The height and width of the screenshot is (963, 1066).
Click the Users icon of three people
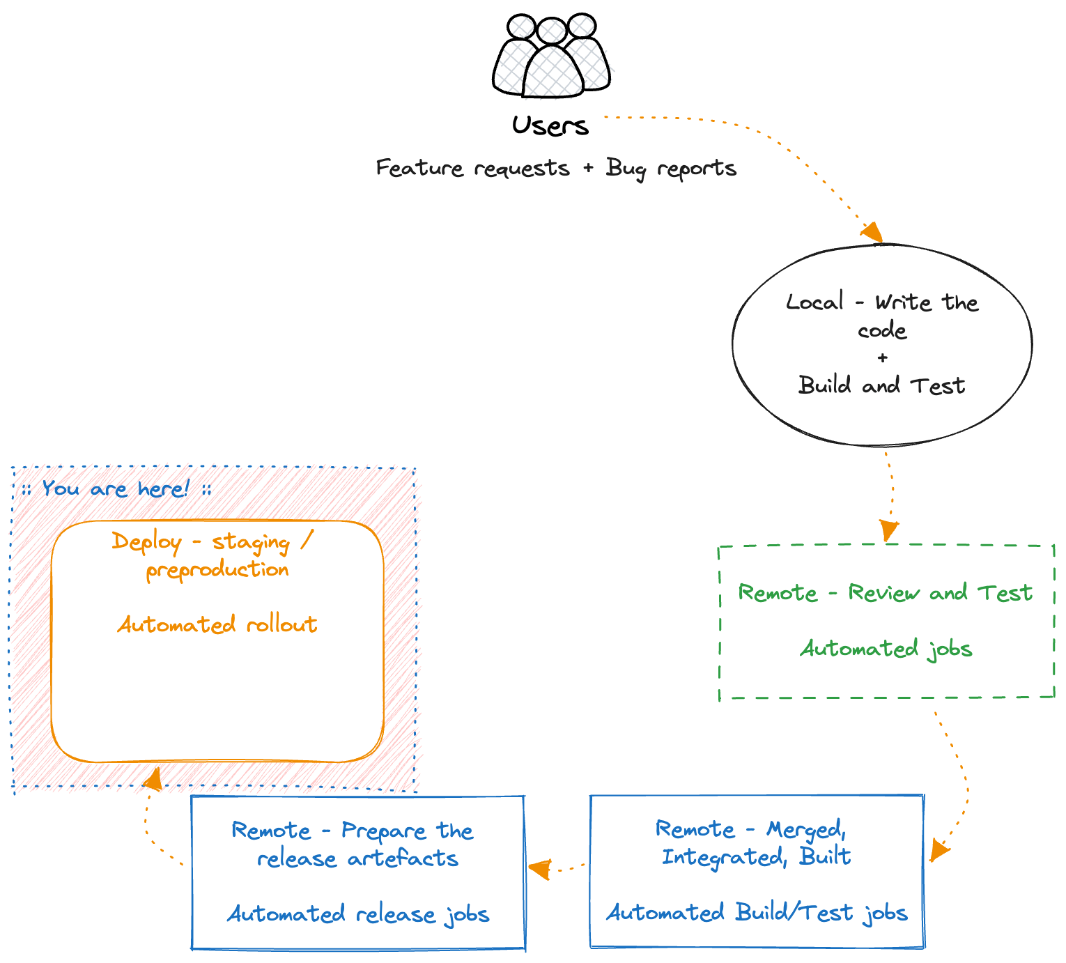coord(551,56)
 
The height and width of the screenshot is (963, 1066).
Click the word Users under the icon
coord(550,126)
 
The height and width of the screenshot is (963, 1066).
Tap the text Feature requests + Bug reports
coord(556,169)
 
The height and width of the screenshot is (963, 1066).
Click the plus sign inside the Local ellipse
coord(883,358)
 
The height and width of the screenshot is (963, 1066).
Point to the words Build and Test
coord(881,385)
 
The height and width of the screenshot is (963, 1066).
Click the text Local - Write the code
coord(882,316)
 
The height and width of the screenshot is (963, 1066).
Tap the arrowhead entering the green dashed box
coord(888,531)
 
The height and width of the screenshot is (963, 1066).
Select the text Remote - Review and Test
coord(885,593)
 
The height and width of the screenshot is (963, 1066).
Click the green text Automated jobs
coord(886,649)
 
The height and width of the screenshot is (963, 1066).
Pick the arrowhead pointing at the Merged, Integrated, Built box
coord(938,851)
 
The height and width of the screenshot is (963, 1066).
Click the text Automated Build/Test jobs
coord(757,913)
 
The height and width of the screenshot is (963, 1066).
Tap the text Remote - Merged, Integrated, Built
coord(755,843)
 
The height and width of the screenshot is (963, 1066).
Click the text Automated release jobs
coord(358,914)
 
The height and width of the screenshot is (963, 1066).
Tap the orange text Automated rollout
coord(217,624)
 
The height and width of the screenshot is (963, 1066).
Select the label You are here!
coord(116,488)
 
